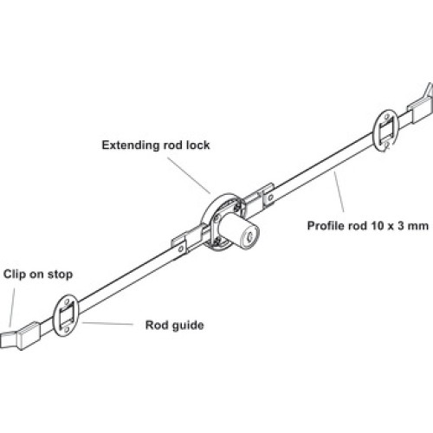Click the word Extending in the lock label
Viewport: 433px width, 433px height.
pyautogui.click(x=131, y=145)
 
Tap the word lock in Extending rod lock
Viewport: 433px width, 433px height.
pyautogui.click(x=197, y=145)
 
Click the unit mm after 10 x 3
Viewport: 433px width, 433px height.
pyautogui.click(x=418, y=226)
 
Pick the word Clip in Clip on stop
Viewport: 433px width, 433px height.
pyautogui.click(x=15, y=275)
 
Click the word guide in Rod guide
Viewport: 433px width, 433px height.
pyautogui.click(x=188, y=326)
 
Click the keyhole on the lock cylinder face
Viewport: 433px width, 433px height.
pyautogui.click(x=248, y=233)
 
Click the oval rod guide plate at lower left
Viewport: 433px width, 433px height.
pyautogui.click(x=66, y=315)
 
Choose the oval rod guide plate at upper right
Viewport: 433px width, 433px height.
pyautogui.click(x=386, y=130)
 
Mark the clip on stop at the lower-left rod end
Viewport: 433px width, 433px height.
pyautogui.click(x=20, y=336)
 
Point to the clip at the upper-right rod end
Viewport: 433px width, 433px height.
pyautogui.click(x=421, y=108)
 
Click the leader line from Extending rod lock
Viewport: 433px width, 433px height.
pyautogui.click(x=189, y=175)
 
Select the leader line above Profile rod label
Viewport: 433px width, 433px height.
pyautogui.click(x=339, y=191)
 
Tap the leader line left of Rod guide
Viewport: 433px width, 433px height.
pyautogui.click(x=107, y=323)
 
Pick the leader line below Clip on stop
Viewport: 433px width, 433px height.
pyautogui.click(x=12, y=307)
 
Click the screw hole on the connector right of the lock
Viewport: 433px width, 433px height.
pyautogui.click(x=270, y=197)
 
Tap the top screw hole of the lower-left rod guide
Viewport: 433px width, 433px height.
pyautogui.click(x=68, y=302)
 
